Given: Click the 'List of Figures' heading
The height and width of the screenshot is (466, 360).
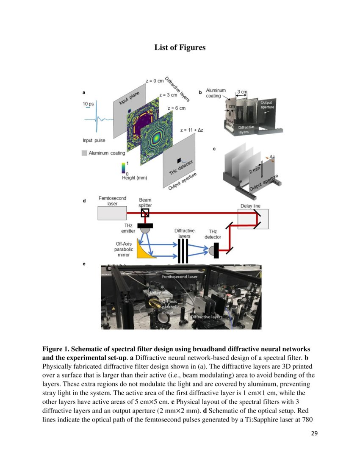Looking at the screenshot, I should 180,47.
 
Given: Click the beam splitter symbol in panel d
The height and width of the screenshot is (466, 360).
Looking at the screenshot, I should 145,213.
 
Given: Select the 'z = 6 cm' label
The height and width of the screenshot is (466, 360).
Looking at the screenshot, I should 177,108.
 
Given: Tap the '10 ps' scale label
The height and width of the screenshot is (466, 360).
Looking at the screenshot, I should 89,104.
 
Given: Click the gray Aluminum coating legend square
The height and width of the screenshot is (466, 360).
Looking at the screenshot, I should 84,153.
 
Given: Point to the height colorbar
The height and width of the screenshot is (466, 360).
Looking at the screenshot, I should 123,167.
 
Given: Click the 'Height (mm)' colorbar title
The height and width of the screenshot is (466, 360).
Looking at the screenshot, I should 134,178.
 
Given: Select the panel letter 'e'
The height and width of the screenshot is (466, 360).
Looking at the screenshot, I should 84,264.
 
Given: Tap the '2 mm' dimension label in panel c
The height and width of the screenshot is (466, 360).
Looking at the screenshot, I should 254,170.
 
